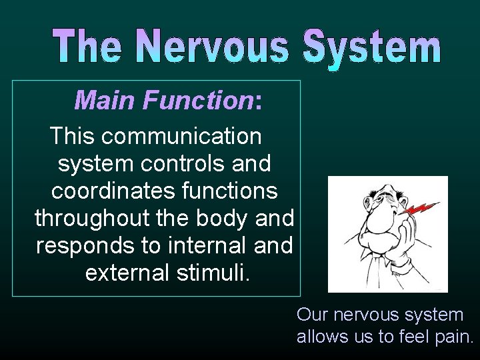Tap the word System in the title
pyautogui.click(x=371, y=48)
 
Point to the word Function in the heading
pyautogui.click(x=198, y=101)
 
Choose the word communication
pyautogui.click(x=182, y=136)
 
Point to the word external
pyautogui.click(x=126, y=273)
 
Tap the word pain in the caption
pyautogui.click(x=451, y=337)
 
